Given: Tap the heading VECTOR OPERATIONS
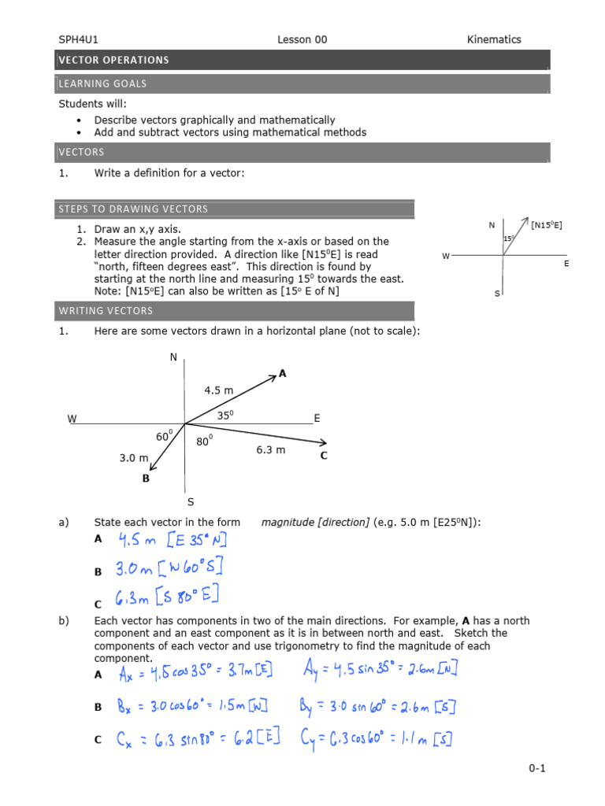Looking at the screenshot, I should click(113, 60).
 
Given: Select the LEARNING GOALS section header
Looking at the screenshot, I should click(102, 83).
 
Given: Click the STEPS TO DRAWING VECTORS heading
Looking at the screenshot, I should click(133, 209).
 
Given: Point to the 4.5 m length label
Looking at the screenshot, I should click(219, 390).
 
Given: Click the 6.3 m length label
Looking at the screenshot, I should click(270, 450).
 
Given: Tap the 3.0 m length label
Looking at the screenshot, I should click(134, 457).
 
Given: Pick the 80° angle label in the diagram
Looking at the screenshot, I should click(205, 442).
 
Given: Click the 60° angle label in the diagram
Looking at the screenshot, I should click(164, 436).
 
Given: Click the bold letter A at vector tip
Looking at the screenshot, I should click(282, 375).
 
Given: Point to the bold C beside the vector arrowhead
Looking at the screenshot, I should click(323, 455).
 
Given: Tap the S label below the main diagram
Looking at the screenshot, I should click(191, 501).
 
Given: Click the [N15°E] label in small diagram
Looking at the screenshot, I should click(547, 225).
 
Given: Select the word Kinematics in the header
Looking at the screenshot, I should click(494, 39).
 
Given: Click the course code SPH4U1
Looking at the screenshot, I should click(78, 39).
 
